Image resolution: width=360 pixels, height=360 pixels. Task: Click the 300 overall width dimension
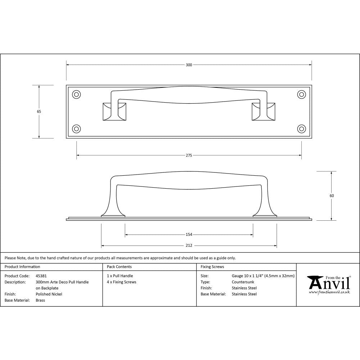pos(189,65)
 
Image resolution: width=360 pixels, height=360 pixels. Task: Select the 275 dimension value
pos(189,156)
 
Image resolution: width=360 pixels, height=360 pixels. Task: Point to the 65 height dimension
pos(39,112)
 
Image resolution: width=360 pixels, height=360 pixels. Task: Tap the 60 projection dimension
pos(332,196)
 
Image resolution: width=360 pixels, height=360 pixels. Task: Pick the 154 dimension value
pos(189,235)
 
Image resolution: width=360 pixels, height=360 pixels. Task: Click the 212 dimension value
pos(189,246)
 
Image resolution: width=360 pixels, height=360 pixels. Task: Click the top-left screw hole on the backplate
pos(76,94)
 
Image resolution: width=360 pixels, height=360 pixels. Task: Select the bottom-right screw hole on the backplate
pos(301,129)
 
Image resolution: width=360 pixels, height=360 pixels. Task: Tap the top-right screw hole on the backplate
pos(301,94)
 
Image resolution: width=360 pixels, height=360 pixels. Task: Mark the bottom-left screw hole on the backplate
pos(76,129)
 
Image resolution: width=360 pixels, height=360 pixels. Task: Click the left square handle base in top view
pos(114,111)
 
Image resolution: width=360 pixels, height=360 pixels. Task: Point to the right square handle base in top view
pos(264,111)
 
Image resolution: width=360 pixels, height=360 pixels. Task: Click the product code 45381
pos(41,276)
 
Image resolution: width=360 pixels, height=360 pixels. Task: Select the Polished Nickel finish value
pos(49,294)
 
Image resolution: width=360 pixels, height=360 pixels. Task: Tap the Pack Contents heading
pos(119,267)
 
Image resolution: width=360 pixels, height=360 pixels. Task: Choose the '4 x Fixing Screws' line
pos(122,282)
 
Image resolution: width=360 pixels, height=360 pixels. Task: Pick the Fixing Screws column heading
pos(212,267)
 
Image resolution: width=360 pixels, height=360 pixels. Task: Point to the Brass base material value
pos(40,300)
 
